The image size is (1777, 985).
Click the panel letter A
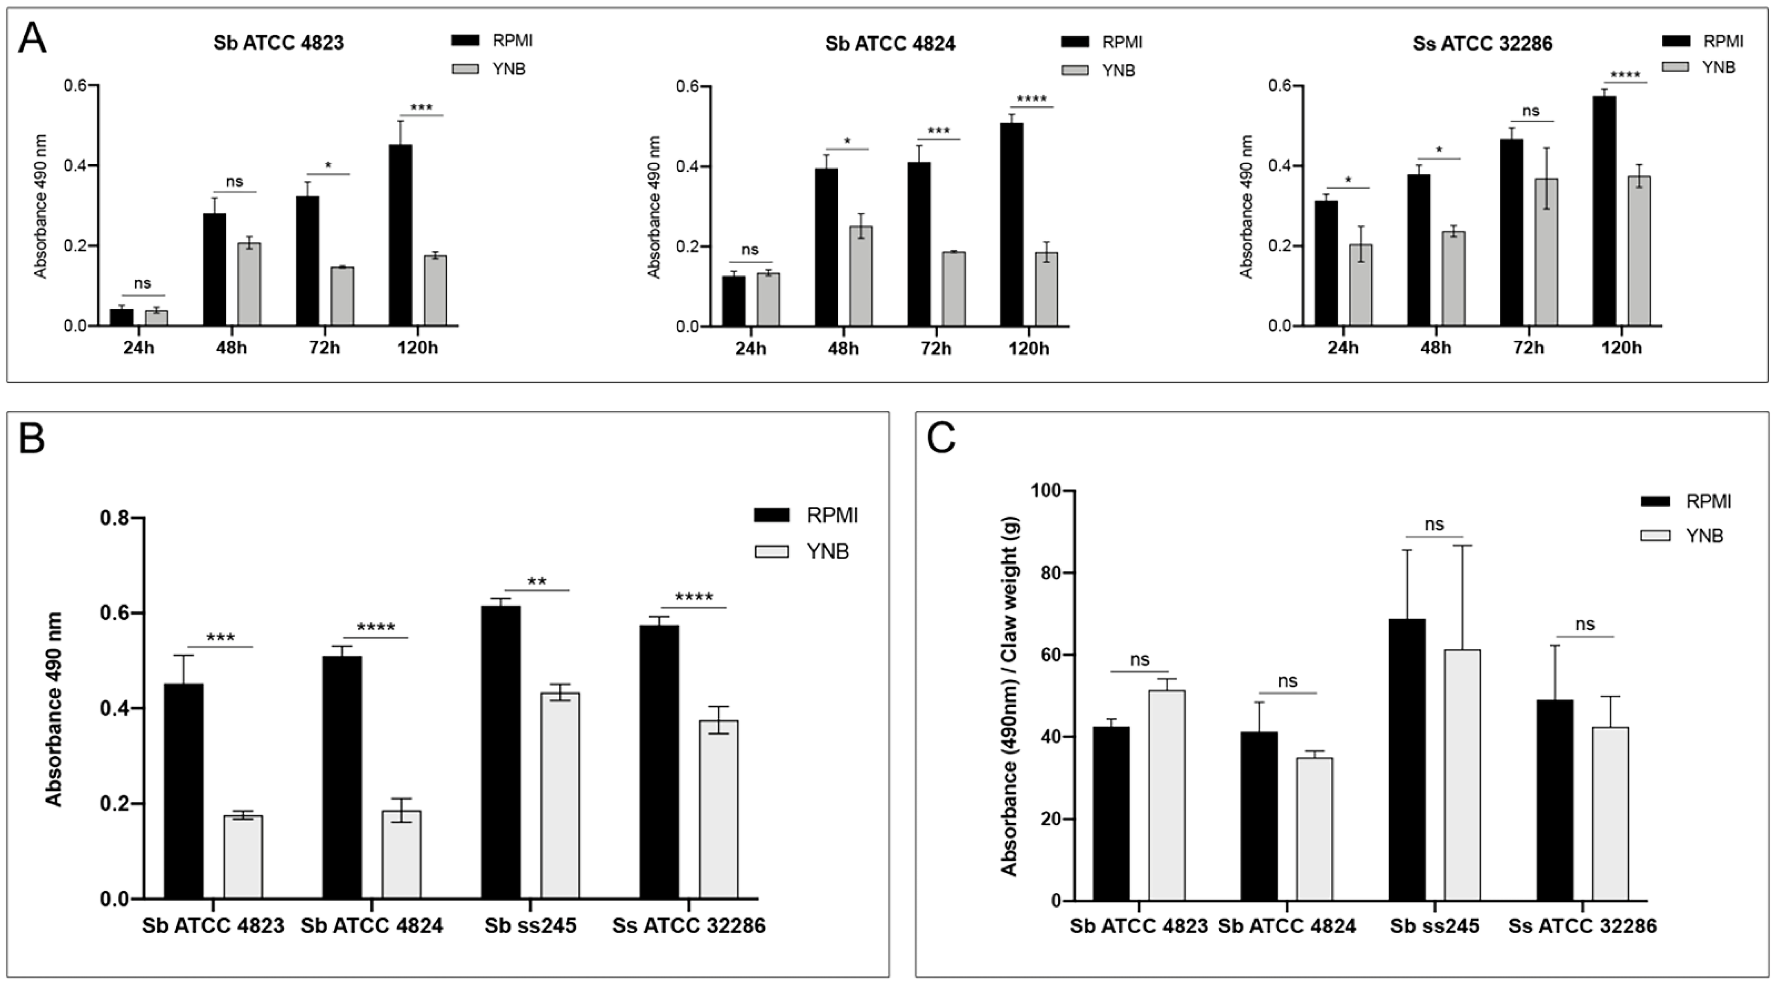click(x=33, y=39)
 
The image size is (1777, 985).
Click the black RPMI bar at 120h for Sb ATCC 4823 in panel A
click(x=401, y=235)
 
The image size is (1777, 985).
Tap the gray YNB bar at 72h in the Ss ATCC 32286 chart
click(x=1546, y=252)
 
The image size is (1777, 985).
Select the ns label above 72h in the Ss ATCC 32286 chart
click(x=1531, y=111)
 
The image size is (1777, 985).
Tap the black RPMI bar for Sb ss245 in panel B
click(x=501, y=752)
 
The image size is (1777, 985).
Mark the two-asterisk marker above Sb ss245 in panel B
click(x=537, y=582)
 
